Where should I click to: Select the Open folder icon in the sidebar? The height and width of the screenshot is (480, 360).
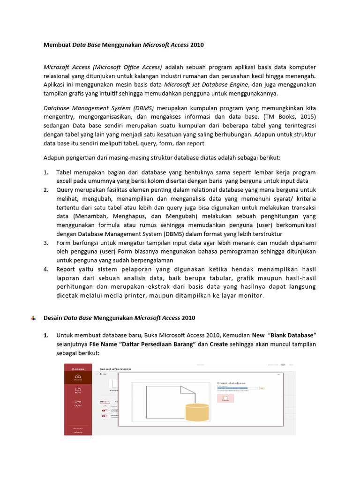click(78, 403)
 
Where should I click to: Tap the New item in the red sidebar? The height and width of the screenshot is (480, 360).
click(78, 390)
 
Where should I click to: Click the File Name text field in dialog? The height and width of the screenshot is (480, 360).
click(237, 388)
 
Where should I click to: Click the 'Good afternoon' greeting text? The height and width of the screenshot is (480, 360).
click(115, 369)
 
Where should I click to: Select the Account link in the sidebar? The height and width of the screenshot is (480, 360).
click(78, 428)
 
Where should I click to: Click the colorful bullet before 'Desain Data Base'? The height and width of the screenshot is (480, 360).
click(33, 318)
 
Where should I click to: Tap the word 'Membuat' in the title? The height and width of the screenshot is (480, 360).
click(57, 45)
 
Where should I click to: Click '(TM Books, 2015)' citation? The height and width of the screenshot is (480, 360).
click(291, 117)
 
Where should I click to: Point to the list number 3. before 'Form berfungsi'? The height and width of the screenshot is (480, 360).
click(46, 243)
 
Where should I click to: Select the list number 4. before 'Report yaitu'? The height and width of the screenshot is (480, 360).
click(46, 269)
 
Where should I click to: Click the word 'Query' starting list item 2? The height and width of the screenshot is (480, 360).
click(65, 190)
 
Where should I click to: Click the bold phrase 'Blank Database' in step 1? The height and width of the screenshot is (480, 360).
click(292, 335)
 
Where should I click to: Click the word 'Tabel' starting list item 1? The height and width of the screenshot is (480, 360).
click(64, 172)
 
